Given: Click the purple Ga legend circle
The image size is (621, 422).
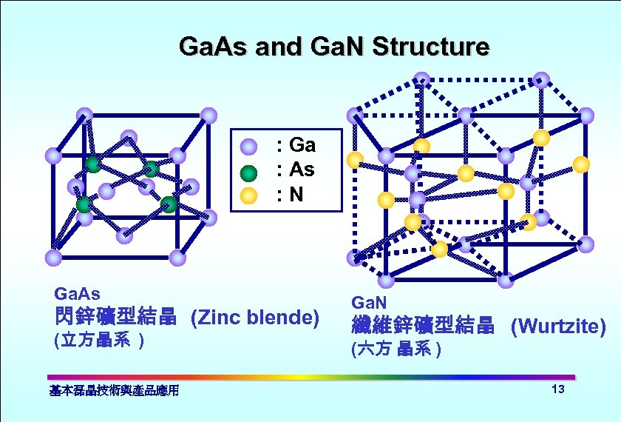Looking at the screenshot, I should pos(249,145).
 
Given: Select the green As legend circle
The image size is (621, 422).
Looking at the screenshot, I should pos(249,173).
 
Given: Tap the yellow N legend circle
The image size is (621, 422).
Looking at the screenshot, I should pos(249,196).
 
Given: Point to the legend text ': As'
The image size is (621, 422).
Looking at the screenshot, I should pos(295,170).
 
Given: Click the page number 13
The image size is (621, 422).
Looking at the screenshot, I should pos(558,390).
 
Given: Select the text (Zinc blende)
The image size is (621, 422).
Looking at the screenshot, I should pos(254,318).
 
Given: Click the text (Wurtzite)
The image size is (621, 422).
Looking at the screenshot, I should pos(558,326).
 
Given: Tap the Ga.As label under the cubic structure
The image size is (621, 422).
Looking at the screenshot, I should pos(78,295).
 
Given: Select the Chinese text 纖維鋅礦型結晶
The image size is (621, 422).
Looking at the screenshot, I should pos(422,326).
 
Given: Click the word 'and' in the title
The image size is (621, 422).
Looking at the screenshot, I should pos(278,47).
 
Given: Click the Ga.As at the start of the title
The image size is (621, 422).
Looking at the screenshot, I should pos(214,47).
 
